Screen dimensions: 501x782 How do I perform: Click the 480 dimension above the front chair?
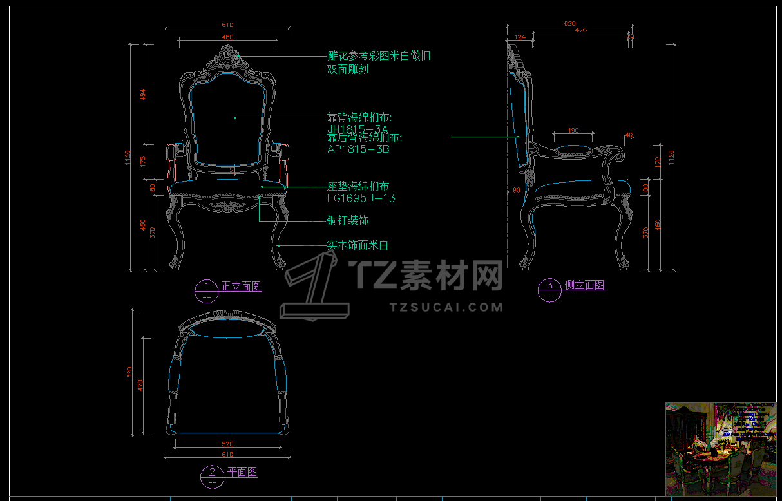coord(227,37)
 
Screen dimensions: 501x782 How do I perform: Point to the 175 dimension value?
coord(143,160)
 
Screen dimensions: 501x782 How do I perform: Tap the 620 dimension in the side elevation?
coord(569,23)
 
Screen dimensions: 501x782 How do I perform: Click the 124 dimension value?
coord(520,37)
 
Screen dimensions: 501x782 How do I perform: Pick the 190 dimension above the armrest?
coord(573,131)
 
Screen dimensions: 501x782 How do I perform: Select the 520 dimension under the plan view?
coord(227,444)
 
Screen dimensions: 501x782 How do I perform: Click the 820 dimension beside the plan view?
coord(129,372)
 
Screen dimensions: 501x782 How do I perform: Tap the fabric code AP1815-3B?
coord(358,149)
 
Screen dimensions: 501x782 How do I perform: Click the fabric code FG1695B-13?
coord(361,198)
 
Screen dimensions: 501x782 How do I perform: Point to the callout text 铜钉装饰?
coord(348,221)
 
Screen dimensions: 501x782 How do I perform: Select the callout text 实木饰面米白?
coord(358,245)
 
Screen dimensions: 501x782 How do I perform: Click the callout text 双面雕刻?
coord(348,70)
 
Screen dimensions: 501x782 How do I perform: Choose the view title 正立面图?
coord(241,287)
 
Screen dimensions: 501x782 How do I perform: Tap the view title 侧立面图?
coord(584,285)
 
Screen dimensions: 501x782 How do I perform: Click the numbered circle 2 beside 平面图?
coord(212,475)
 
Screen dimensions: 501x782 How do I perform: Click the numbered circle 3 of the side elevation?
coord(549,288)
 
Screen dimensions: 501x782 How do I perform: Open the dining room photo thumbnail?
coord(720,449)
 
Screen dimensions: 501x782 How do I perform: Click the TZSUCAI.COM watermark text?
coord(446,307)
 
